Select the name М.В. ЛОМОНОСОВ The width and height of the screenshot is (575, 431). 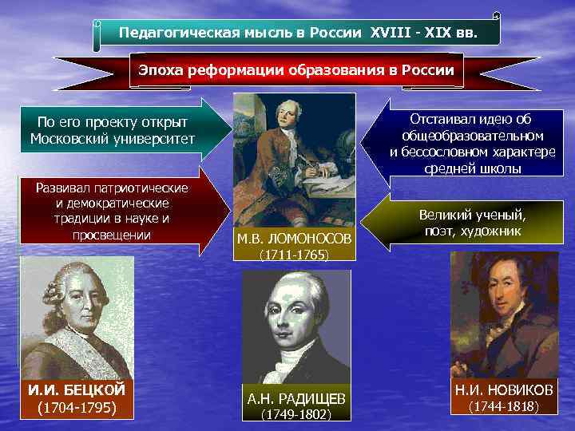(x=293, y=239)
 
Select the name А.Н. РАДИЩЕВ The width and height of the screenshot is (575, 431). (x=296, y=398)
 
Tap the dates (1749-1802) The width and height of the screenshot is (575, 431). (x=296, y=414)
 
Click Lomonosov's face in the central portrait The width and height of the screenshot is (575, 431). (x=283, y=119)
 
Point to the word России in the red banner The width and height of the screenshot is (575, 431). (x=429, y=70)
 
